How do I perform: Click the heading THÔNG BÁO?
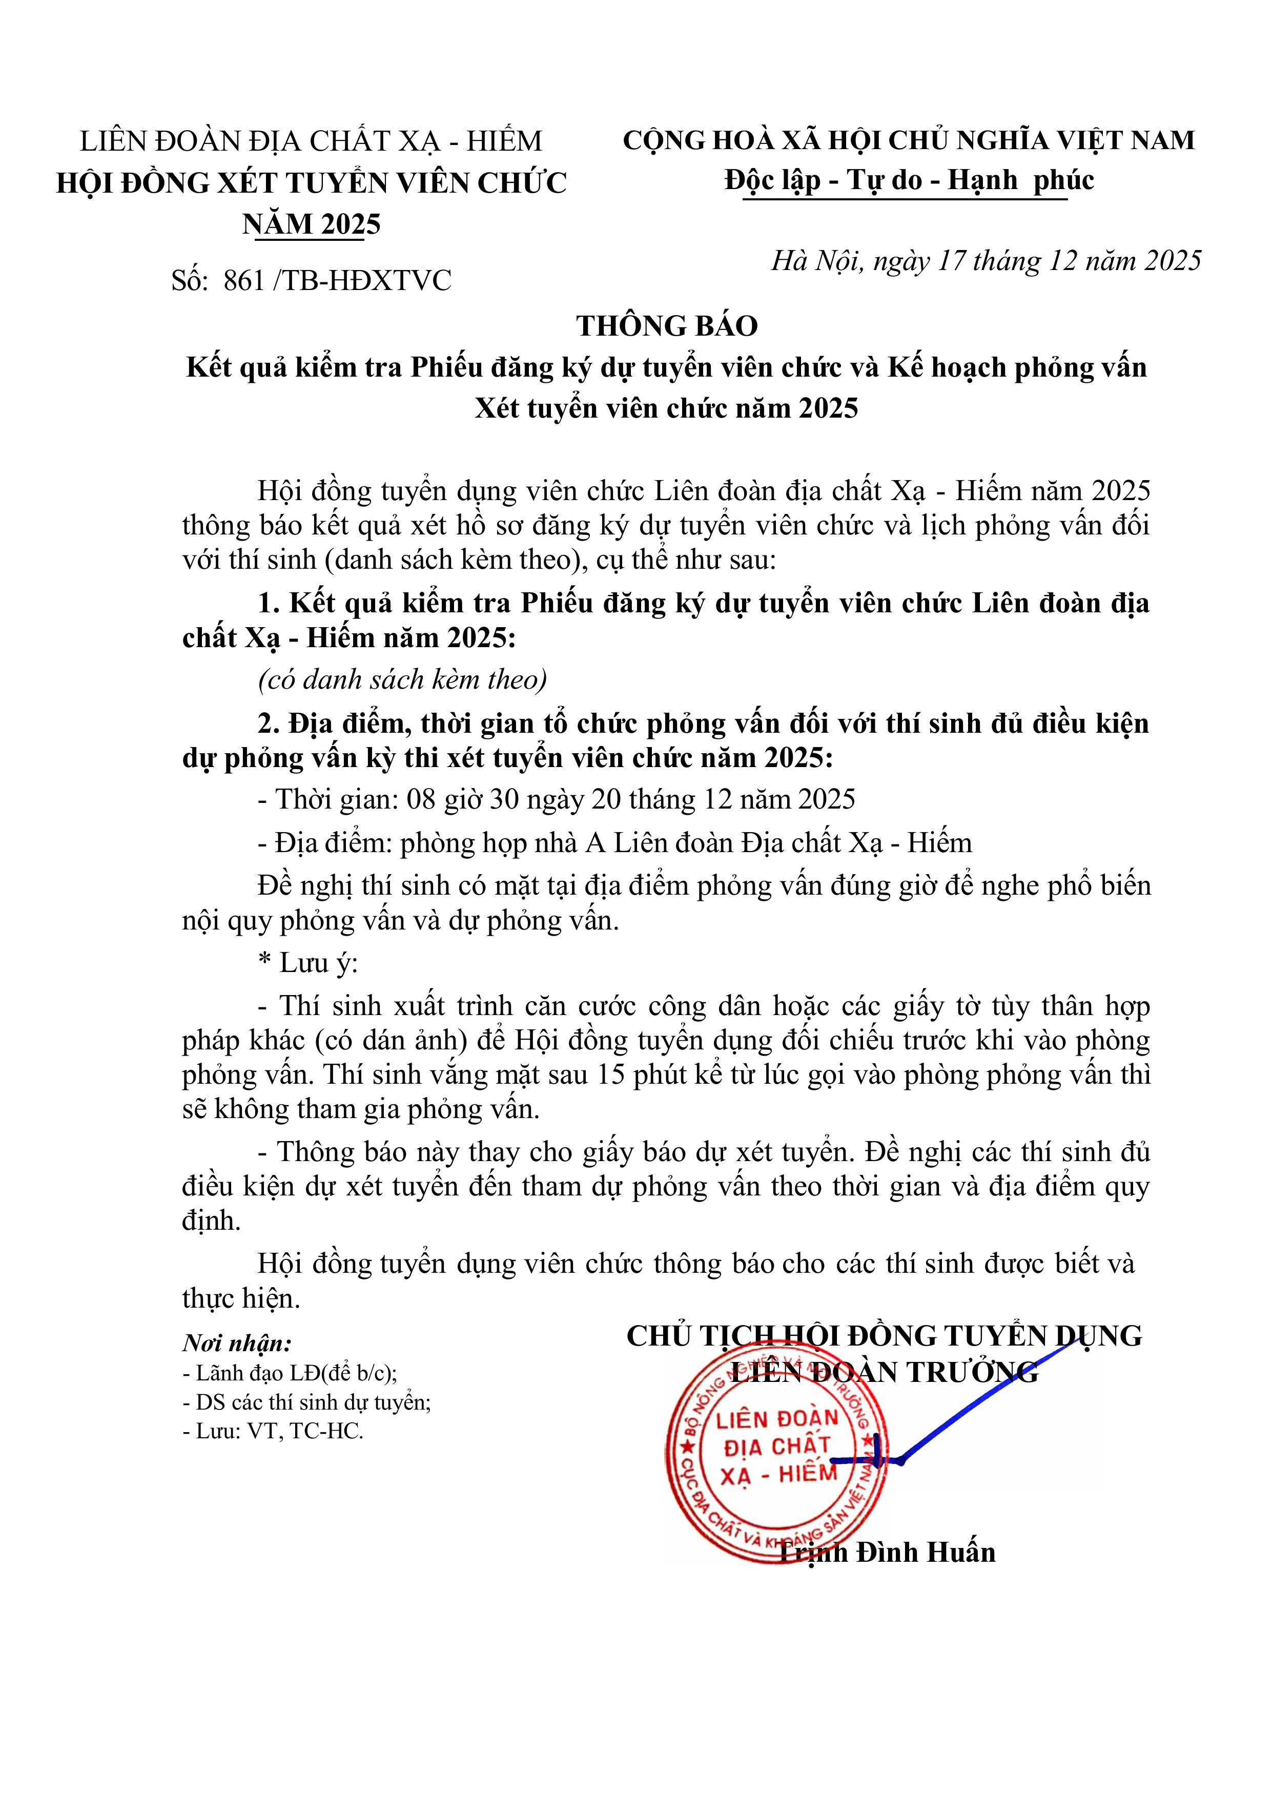click(x=667, y=326)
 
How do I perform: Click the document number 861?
click(x=243, y=280)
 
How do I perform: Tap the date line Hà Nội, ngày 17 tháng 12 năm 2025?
click(x=986, y=261)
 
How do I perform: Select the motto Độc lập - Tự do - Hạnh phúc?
click(x=909, y=180)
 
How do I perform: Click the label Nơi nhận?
click(x=237, y=1344)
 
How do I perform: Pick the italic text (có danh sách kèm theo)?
click(x=403, y=680)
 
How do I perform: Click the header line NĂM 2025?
click(x=311, y=225)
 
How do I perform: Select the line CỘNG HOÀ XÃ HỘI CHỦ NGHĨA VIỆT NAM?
click(x=909, y=141)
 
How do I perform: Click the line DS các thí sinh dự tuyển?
click(x=306, y=1402)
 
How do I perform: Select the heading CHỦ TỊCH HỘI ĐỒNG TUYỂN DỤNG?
click(x=884, y=1336)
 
